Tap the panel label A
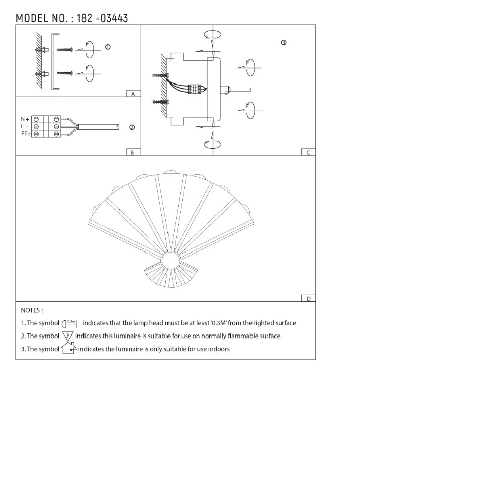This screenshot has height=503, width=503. click(133, 94)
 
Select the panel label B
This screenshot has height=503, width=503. click(132, 152)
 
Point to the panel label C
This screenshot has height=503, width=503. click(308, 152)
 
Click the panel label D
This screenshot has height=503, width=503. click(308, 298)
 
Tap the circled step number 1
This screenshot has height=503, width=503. click(108, 47)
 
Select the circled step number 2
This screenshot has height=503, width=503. click(132, 127)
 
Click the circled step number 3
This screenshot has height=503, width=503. click(284, 43)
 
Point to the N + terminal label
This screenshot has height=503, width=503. click(25, 119)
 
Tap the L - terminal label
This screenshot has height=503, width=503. click(24, 127)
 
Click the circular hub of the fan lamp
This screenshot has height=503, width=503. click(170, 262)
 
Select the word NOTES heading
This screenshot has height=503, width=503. click(32, 310)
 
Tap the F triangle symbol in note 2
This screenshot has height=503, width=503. click(68, 336)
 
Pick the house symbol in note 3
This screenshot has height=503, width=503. click(68, 348)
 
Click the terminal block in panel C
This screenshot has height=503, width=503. click(195, 89)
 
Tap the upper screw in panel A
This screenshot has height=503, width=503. click(65, 49)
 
